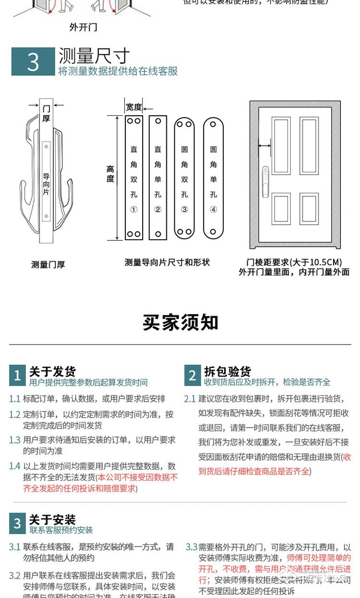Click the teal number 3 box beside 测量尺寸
tap(33, 61)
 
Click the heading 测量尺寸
tap(94, 56)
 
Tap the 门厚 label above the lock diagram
tap(46, 113)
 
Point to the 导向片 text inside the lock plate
tap(46, 184)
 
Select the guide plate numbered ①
tap(134, 178)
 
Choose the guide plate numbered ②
tap(158, 178)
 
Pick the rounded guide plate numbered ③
tap(184, 178)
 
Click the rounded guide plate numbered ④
tap(214, 178)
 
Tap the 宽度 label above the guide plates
tap(133, 107)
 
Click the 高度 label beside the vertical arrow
tap(110, 174)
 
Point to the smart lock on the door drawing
tap(265, 182)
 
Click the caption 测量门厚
tap(48, 264)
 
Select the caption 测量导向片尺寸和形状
tap(167, 263)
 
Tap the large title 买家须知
tap(180, 323)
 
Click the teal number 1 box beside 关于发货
tap(17, 375)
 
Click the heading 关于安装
tap(52, 520)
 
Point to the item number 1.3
tap(14, 440)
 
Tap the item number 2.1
tap(190, 399)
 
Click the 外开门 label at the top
tap(83, 27)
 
